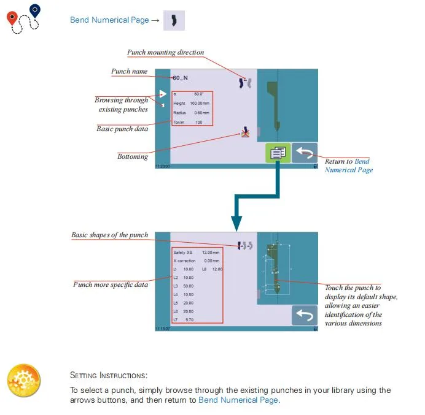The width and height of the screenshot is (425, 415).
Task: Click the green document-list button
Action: pos(278,153)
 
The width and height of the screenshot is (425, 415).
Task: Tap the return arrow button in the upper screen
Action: pos(305,153)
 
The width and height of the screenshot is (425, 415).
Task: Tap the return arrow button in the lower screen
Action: pos(305,315)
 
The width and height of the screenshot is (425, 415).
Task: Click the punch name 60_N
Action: pos(181,78)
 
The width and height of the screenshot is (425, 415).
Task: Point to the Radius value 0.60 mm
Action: pos(201,113)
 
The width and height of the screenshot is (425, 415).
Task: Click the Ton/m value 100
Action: pos(199,123)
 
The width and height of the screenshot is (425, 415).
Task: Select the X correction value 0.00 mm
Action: pos(212,261)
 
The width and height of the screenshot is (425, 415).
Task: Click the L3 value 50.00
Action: pos(189,286)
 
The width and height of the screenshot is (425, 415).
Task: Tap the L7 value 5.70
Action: pos(189,320)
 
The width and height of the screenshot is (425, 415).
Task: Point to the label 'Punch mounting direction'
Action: pos(165,52)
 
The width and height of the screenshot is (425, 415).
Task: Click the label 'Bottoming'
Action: pos(133,156)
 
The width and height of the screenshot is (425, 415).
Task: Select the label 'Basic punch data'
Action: pos(122,129)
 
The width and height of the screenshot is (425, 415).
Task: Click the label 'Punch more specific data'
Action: pos(111,284)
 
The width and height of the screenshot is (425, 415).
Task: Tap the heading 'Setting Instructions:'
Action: pos(109,375)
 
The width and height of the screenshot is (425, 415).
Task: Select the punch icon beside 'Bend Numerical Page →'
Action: pos(174,20)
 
